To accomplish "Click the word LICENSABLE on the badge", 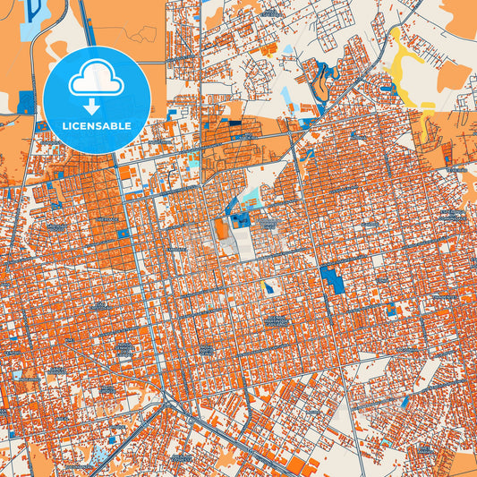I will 96,126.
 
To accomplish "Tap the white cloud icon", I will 96,81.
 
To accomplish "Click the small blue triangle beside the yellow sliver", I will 395,88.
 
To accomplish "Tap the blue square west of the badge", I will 25,102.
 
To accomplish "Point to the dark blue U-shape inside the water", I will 37,11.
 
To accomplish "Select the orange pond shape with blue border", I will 221,228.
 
